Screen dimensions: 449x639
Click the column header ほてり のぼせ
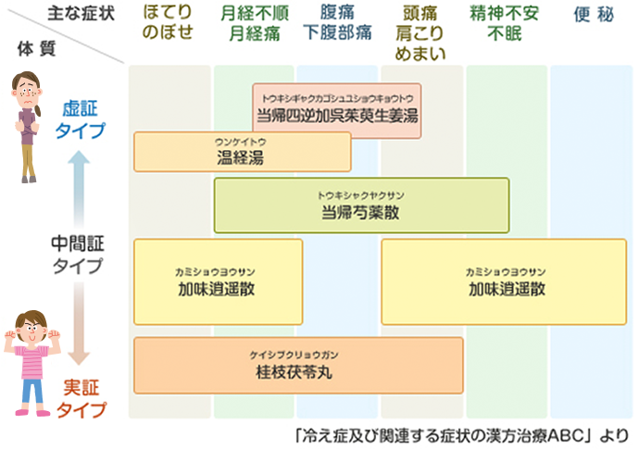(x=169, y=22)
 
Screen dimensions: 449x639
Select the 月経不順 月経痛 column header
(x=254, y=22)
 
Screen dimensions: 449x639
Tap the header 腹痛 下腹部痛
(x=337, y=22)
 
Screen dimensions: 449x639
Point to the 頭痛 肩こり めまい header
(x=422, y=31)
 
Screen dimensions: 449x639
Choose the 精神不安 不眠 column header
(x=507, y=22)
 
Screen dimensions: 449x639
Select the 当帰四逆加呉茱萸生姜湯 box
(x=337, y=111)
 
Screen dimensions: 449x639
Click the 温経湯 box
(x=243, y=152)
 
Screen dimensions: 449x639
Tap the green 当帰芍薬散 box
(x=361, y=205)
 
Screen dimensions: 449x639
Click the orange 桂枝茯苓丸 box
(x=298, y=365)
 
